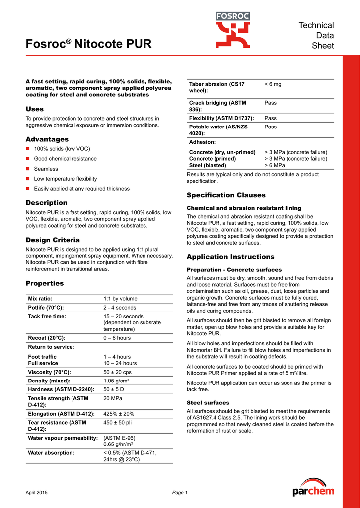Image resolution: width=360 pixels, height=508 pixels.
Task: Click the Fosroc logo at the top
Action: (233, 30)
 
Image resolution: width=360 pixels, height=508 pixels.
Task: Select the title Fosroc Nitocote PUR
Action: (89, 44)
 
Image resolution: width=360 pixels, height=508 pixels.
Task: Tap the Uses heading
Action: (35, 109)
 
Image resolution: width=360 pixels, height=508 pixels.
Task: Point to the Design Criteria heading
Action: (53, 240)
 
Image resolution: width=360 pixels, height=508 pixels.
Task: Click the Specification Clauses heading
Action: (226, 195)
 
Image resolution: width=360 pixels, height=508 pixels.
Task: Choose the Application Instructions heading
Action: (230, 257)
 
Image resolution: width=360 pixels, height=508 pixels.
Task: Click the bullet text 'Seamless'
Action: (46, 169)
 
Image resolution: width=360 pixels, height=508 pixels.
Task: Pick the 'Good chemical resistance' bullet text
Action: (66, 159)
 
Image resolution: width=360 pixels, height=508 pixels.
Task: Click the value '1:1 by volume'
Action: (120, 299)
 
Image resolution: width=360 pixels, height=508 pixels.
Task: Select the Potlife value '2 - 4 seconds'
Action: (120, 308)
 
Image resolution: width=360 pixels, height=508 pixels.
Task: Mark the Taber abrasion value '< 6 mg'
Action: (273, 84)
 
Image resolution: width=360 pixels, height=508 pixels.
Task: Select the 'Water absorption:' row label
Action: (51, 453)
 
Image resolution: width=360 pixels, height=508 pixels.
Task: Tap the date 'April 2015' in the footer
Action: (37, 492)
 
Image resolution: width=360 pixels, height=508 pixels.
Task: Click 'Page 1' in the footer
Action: (180, 492)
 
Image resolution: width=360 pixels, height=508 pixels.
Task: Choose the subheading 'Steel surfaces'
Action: (208, 402)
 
